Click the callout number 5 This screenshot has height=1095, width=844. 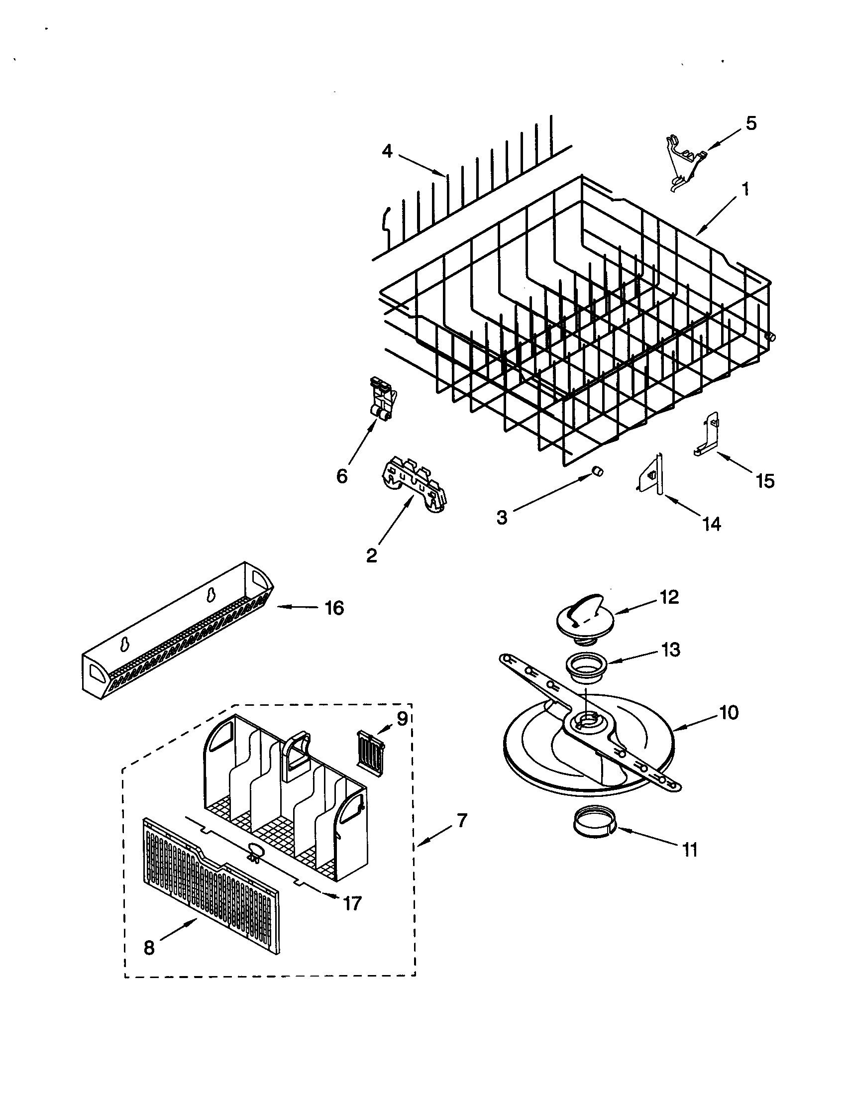751,124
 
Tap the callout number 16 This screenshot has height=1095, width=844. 334,608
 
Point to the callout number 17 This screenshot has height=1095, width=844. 352,903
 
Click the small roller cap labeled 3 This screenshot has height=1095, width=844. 597,470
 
